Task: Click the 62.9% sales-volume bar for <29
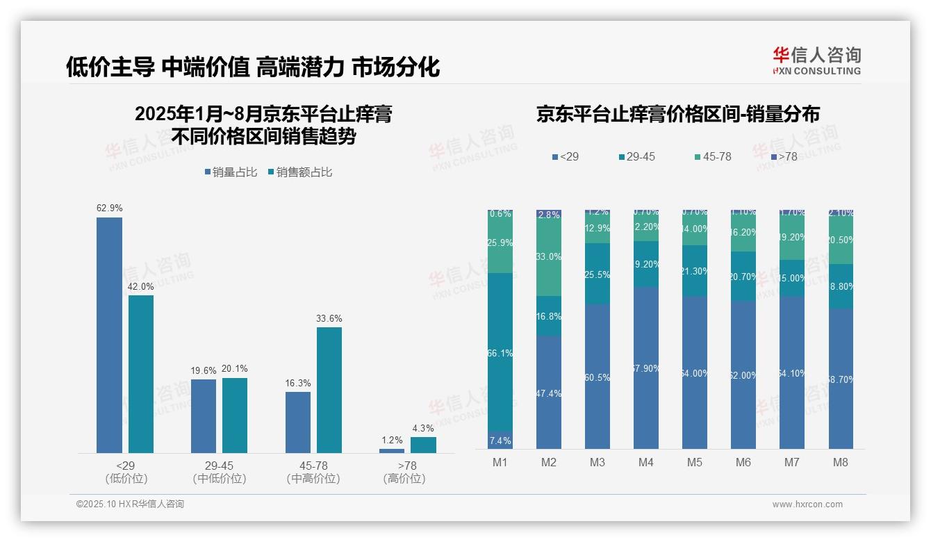pyautogui.click(x=109, y=335)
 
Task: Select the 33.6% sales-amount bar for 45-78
pyautogui.click(x=329, y=390)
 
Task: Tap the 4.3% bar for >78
pyautogui.click(x=423, y=445)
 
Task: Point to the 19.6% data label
pyautogui.click(x=204, y=370)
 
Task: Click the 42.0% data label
pyautogui.click(x=141, y=286)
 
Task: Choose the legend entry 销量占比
pyautogui.click(x=231, y=172)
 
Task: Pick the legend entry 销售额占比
pyautogui.click(x=300, y=172)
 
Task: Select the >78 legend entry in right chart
pyautogui.click(x=783, y=157)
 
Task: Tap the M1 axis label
pyautogui.click(x=500, y=462)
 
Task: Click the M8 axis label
pyautogui.click(x=840, y=462)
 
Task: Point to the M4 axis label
pyautogui.click(x=646, y=462)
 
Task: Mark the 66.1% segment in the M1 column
pyautogui.click(x=500, y=353)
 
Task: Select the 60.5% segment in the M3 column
pyautogui.click(x=598, y=377)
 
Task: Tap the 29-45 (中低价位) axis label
pyautogui.click(x=219, y=472)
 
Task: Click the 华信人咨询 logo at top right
pyautogui.click(x=816, y=60)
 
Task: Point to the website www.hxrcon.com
pyautogui.click(x=807, y=504)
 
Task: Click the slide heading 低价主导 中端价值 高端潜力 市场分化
pyautogui.click(x=253, y=67)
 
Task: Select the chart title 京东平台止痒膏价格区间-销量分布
pyautogui.click(x=677, y=115)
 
